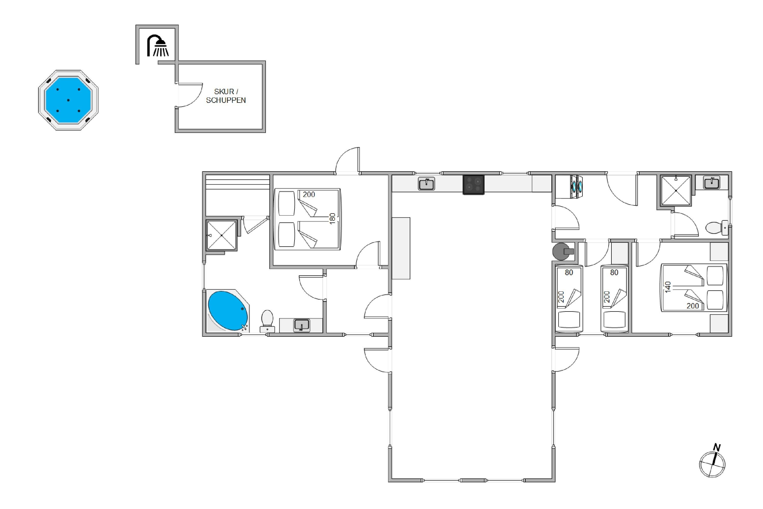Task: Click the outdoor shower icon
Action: (x=158, y=46)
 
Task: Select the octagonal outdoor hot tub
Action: (x=68, y=100)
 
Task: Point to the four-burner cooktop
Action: (x=473, y=185)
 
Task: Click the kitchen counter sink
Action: (x=426, y=184)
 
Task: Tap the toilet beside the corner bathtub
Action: (x=267, y=321)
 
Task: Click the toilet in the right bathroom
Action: (x=717, y=228)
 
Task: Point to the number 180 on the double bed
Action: (x=332, y=218)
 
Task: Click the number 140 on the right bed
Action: (x=668, y=287)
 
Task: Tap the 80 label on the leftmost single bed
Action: (x=569, y=272)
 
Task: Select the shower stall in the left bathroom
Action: (x=222, y=235)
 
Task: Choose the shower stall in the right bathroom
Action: (x=676, y=191)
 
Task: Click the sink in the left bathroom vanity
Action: (x=301, y=325)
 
